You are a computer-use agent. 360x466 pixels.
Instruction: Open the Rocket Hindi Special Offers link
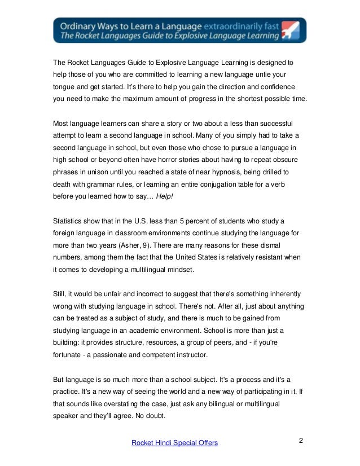point(174,443)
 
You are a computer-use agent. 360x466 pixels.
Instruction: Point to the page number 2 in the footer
point(301,440)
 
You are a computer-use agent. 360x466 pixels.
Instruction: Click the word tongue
point(64,86)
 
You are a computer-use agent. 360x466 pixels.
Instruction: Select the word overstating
point(129,405)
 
